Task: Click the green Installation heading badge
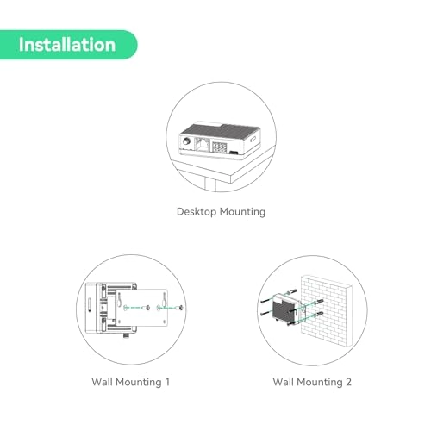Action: pos(67,44)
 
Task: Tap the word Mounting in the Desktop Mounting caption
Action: pos(243,211)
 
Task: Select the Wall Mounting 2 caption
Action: pos(312,381)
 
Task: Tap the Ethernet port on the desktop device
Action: pos(200,144)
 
